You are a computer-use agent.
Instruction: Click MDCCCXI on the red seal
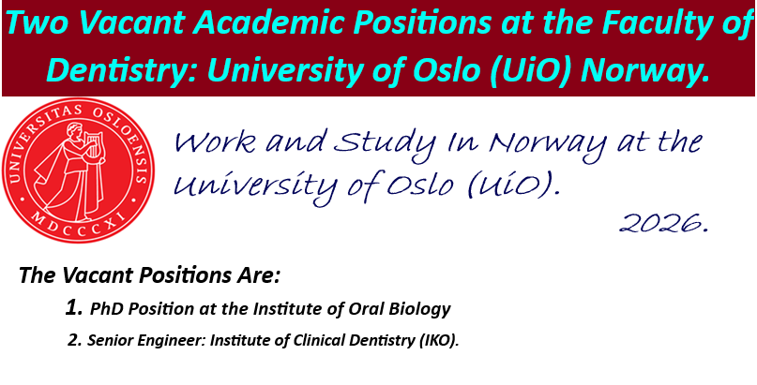pyautogui.click(x=76, y=216)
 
